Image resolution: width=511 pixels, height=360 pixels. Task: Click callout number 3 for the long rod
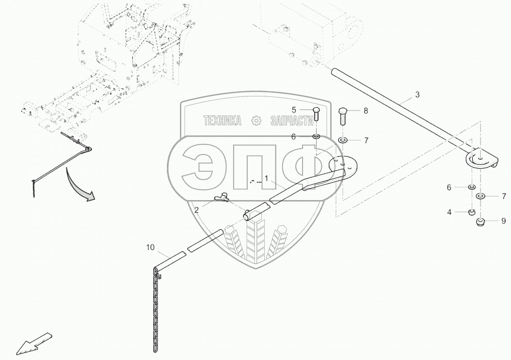(417, 95)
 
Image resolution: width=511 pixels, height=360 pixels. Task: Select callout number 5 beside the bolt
(294, 110)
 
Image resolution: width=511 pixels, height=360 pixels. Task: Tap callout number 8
(366, 111)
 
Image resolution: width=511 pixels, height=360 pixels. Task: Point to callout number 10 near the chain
(150, 247)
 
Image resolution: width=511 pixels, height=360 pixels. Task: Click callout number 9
(504, 221)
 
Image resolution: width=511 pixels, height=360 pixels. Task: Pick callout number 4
(449, 212)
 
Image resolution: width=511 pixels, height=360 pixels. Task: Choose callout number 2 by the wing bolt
(196, 210)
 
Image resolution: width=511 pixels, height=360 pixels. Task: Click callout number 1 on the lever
(266, 178)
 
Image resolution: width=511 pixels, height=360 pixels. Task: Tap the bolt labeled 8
(343, 116)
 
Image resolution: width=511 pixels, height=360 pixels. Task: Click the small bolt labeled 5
(316, 113)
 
